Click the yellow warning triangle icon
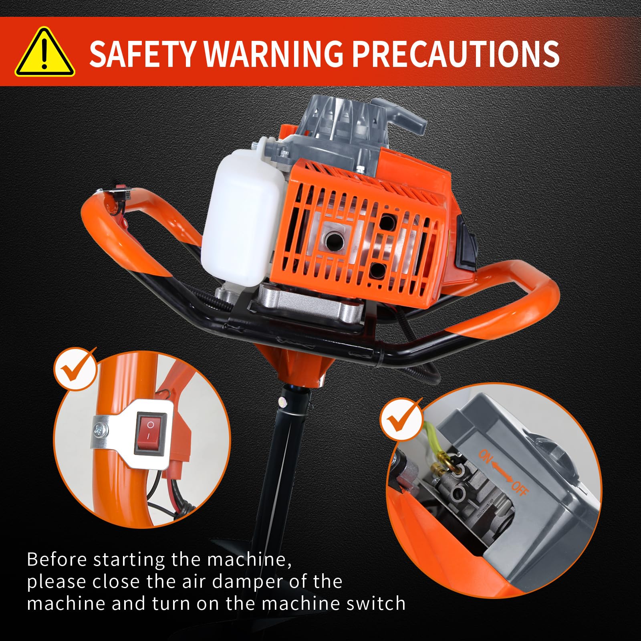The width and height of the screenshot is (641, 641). [x=45, y=52]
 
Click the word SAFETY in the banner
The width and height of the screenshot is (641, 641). [x=143, y=53]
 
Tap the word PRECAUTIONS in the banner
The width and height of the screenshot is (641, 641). [x=455, y=53]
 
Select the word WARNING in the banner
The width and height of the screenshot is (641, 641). [x=274, y=53]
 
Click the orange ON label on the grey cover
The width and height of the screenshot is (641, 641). [x=485, y=456]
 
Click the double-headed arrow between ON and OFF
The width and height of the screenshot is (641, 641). [x=502, y=472]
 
